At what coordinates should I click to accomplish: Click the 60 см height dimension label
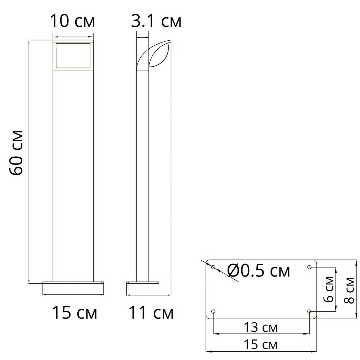click(x=16, y=153)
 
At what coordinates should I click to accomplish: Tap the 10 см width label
click(x=72, y=21)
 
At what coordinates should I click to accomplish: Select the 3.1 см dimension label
click(x=156, y=21)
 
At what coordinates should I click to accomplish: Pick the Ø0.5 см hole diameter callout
click(x=258, y=271)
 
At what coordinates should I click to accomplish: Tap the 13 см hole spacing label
click(x=261, y=327)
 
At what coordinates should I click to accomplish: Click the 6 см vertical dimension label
click(x=329, y=289)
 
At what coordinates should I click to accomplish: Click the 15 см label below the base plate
click(x=261, y=345)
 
